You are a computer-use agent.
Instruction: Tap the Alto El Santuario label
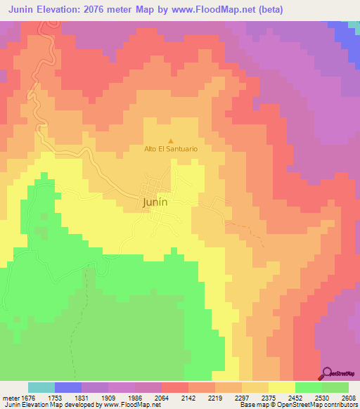pos(171,149)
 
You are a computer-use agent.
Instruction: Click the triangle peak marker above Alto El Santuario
pos(170,141)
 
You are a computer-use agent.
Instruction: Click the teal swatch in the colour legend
pos(41,387)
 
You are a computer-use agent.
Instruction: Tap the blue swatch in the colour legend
pos(68,387)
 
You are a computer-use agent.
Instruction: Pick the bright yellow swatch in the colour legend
pos(281,387)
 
